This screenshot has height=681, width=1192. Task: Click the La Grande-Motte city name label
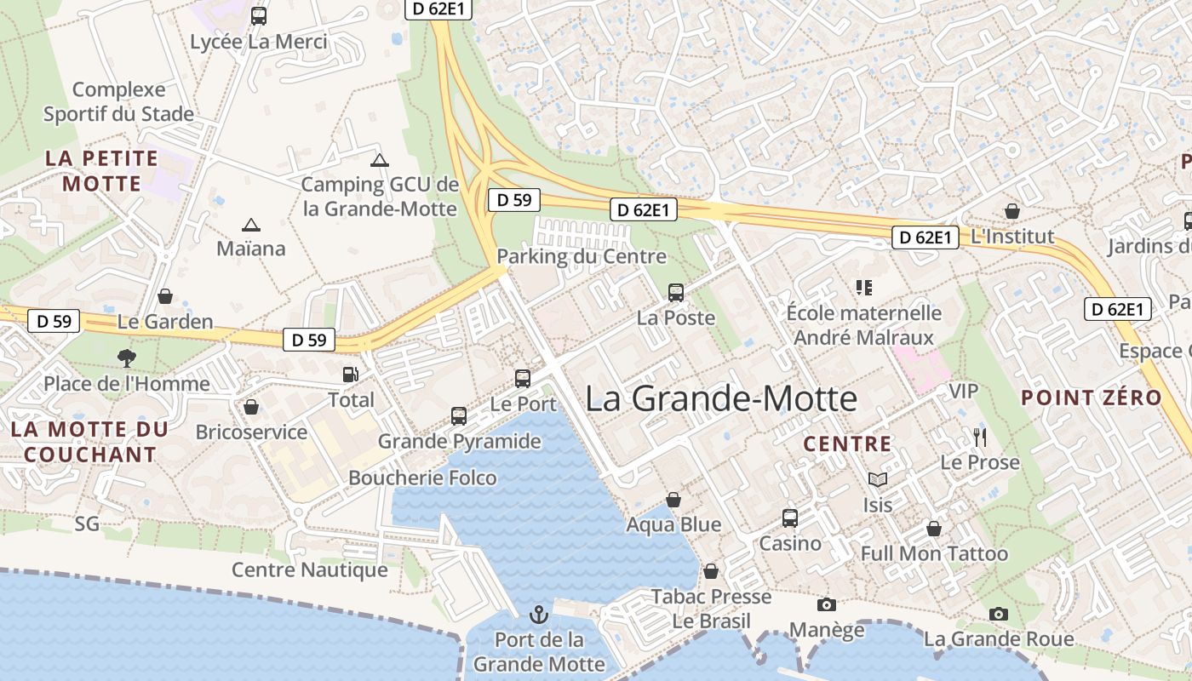tap(721, 398)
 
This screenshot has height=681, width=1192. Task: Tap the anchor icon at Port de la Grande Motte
tap(538, 614)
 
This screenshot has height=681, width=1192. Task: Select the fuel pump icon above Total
tap(350, 374)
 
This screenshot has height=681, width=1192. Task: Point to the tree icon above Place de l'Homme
tap(126, 358)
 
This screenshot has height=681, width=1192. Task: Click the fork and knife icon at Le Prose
tap(980, 438)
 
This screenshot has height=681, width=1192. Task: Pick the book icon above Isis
tap(877, 480)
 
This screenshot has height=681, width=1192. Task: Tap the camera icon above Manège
tap(826, 604)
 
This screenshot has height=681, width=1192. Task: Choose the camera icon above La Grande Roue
tap(999, 613)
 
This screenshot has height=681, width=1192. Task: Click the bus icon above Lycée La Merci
tap(259, 15)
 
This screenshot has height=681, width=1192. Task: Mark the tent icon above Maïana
tap(250, 225)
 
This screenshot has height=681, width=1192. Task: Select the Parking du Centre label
tap(582, 256)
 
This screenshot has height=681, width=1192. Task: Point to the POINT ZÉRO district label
tap(1091, 398)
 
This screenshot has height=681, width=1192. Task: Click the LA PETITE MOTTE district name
tap(102, 171)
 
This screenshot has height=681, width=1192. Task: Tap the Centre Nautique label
tap(310, 569)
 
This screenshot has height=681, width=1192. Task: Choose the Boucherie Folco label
tap(422, 478)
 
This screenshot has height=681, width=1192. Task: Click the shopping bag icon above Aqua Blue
tap(673, 499)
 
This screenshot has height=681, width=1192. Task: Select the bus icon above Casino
tap(790, 518)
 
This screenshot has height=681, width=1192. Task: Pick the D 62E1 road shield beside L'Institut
tap(926, 237)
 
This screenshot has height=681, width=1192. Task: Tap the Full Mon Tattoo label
tap(934, 554)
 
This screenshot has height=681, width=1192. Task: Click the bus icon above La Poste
tap(676, 293)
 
